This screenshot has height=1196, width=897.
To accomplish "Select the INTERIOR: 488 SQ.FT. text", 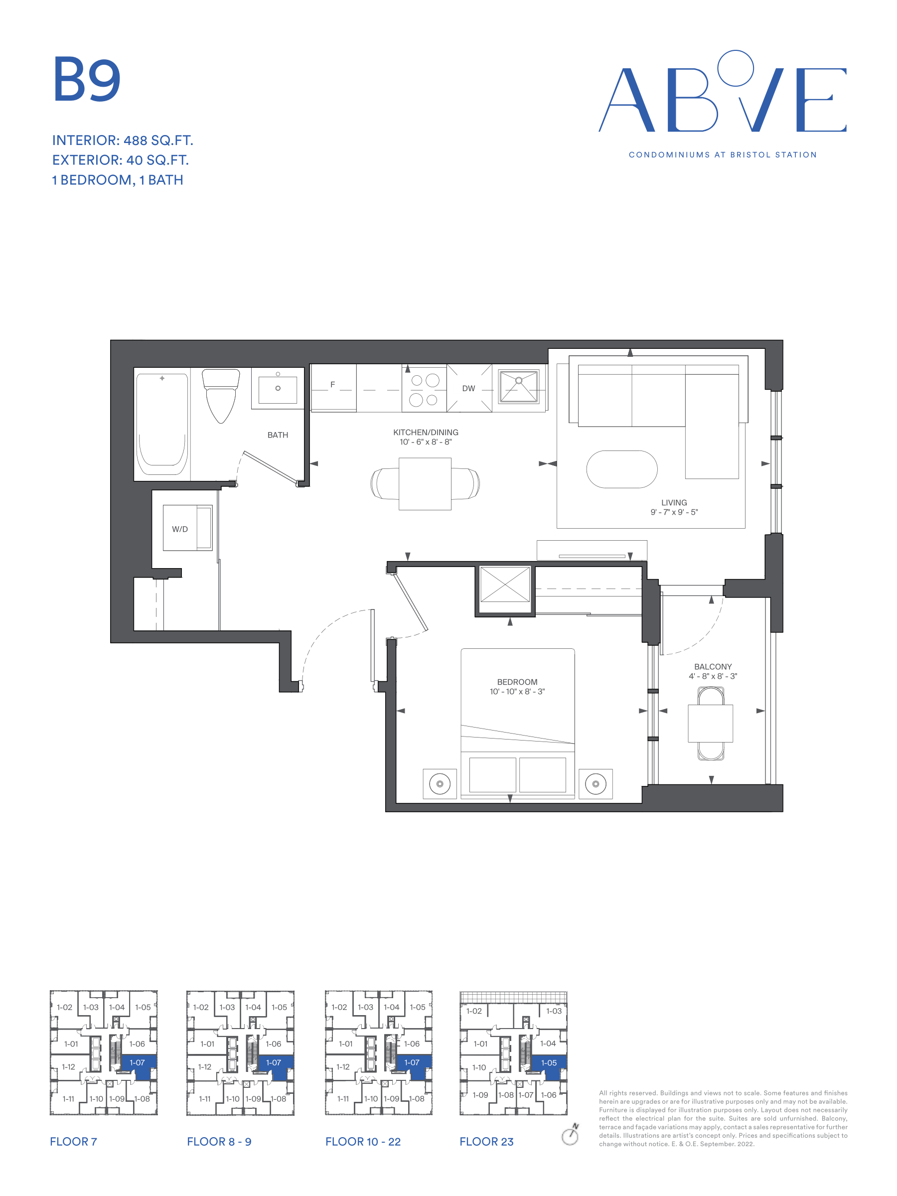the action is tap(123, 141).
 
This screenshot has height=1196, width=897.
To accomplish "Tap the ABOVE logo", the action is tap(723, 91).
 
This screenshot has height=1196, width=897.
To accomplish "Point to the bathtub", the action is tap(161, 424).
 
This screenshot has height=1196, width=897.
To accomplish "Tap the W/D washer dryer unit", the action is tap(187, 528).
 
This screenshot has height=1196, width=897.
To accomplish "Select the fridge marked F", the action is tap(333, 387).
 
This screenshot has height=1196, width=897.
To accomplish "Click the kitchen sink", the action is tap(519, 386).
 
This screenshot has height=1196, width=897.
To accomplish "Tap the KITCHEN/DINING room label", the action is tap(426, 433).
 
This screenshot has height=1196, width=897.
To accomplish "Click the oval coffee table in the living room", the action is tap(622, 469).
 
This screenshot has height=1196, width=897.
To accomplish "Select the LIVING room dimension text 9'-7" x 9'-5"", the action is tap(674, 512).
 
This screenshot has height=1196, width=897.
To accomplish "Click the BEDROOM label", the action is tap(517, 682).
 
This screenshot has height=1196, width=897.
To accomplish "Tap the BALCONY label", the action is tap(713, 667).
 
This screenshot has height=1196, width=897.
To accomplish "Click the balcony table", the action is tap(711, 724).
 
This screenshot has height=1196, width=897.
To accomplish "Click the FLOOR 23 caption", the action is tap(486, 1141).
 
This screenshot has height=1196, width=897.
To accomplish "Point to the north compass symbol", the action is tap(571, 1134).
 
